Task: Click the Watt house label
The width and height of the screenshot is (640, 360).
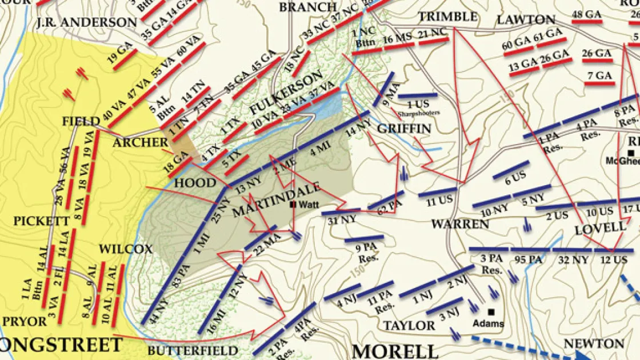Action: (x=306, y=203)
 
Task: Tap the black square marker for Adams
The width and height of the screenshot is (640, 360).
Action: (x=491, y=312)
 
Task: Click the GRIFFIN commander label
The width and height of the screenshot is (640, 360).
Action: (x=403, y=129)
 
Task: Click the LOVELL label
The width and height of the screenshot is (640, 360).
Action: (x=601, y=227)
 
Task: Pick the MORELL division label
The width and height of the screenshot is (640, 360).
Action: (x=395, y=350)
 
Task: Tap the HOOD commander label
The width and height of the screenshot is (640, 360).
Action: (x=195, y=183)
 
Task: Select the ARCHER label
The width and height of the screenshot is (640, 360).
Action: (x=140, y=142)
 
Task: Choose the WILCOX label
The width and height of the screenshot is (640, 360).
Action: (x=126, y=249)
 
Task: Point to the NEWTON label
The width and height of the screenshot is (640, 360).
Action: (x=594, y=343)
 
